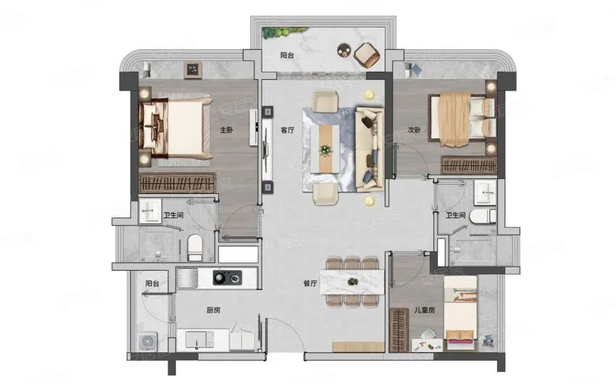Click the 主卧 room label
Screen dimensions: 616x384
tap(226, 130)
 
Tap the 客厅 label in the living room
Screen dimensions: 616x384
tap(288, 130)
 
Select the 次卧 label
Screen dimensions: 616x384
tap(414, 130)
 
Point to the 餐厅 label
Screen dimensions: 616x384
tap(310, 283)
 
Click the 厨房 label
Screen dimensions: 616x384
tap(213, 310)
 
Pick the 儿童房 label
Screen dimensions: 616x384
tap(425, 310)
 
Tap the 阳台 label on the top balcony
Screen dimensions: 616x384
tap(287, 55)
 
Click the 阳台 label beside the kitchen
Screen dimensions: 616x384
tap(152, 283)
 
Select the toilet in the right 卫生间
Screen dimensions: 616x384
tap(483, 216)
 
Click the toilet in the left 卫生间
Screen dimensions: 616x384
tap(194, 248)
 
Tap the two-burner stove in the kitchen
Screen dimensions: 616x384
tap(227, 277)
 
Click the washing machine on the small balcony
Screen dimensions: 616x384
tap(148, 341)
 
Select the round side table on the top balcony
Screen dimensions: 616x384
tap(344, 50)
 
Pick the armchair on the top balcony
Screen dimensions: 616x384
tap(367, 54)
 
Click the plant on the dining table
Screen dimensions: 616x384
tap(352, 281)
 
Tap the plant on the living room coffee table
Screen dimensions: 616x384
tap(325, 150)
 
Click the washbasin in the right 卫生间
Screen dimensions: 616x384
tap(485, 193)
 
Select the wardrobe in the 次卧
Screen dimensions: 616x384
tap(469, 165)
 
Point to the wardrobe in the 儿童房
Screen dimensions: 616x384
tap(399, 330)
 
